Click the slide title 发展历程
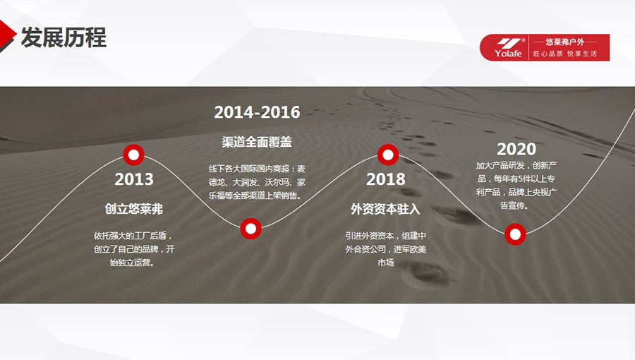pos(64,37)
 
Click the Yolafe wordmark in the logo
pos(508,54)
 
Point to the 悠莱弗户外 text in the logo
pos(564,42)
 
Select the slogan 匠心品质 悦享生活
pos(564,54)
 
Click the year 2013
pos(133,179)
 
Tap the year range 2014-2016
pos(257,112)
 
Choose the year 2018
pos(385,179)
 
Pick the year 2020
pos(516,149)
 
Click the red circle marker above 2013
pos(133,155)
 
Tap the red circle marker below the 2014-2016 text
pos(250,229)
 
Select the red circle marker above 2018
pos(388,155)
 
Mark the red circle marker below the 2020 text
pos(515,234)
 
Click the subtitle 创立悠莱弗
pos(133,209)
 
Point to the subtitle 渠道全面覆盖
pos(257,142)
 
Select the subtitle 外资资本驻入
pos(385,209)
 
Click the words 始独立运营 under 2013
pos(130,263)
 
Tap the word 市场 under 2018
pos(385,263)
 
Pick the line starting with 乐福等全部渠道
pos(255,196)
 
